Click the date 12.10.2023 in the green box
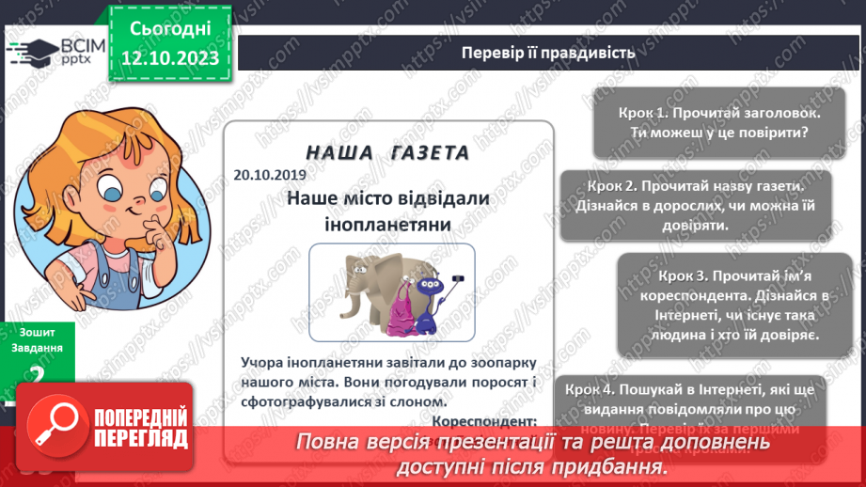point(170,59)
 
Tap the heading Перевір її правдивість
point(547,53)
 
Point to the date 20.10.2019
point(267,174)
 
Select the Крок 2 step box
point(695,205)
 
